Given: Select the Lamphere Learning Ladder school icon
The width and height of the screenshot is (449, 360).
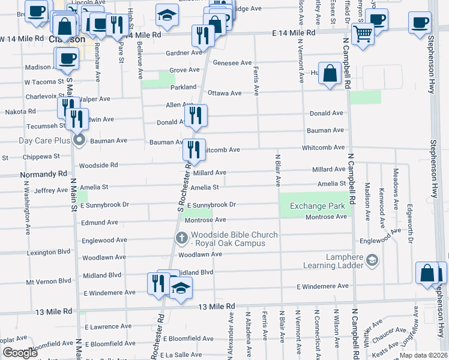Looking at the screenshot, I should [372, 260].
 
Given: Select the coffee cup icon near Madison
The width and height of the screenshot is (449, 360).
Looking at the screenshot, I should [66, 59].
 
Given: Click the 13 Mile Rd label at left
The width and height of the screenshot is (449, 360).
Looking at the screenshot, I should [53, 311].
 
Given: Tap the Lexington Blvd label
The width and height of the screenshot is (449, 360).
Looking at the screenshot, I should [48, 253].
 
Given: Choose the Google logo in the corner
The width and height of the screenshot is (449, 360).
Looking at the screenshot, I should [20, 353].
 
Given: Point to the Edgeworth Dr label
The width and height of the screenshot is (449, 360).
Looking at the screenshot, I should [411, 226].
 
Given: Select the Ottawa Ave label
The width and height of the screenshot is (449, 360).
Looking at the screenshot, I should [224, 93].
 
